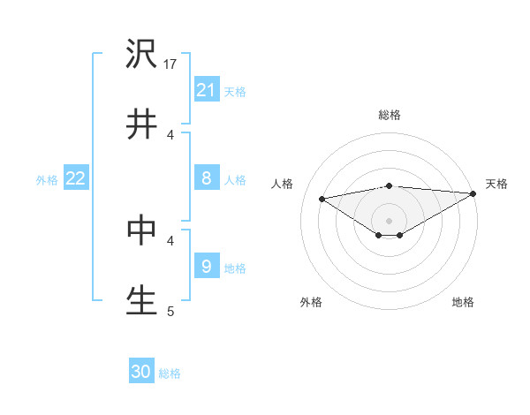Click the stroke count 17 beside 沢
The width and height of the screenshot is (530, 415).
pos(171,64)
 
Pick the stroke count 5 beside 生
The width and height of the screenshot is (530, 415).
pos(171,311)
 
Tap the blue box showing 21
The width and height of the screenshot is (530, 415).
pos(207,89)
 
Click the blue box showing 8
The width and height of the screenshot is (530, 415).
pos(207,178)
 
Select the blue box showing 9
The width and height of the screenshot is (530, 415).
pos(207,266)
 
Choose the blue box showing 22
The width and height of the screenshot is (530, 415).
pos(76,178)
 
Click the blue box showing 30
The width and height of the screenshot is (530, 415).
pos(141,372)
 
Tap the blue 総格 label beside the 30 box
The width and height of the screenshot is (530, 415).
pos(170,373)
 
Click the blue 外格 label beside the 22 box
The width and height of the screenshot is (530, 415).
pos(47,180)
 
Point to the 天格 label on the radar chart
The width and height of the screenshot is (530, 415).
pos(496,184)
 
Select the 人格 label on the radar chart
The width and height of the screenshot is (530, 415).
pos(282,184)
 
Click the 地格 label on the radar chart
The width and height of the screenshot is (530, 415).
pos(463,302)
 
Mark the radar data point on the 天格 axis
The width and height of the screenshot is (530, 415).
pos(474,193)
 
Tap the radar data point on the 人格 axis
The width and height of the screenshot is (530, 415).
pos(322,199)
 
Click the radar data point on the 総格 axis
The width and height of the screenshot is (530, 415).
pos(390,185)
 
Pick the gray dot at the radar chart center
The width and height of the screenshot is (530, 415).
pos(390,220)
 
